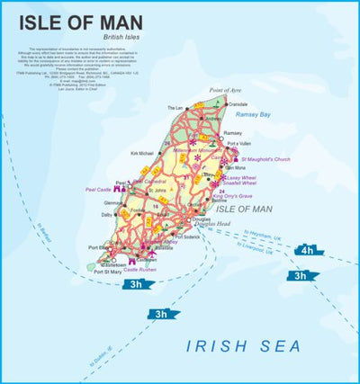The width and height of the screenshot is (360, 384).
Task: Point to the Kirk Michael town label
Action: (x=143, y=154)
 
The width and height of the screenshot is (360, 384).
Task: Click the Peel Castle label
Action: (x=96, y=192)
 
